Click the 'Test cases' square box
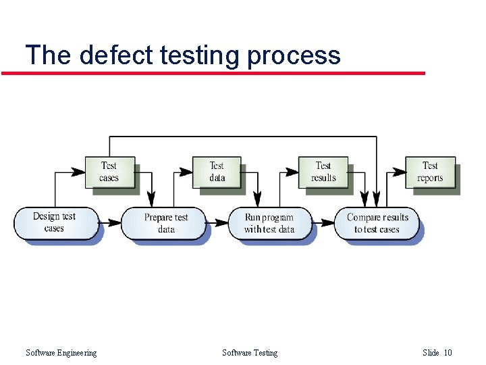(x=109, y=172)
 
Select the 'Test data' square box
(x=216, y=172)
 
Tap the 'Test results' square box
(x=323, y=172)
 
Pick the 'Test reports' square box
(x=430, y=172)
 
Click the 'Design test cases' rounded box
(x=55, y=222)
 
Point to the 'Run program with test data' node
(x=269, y=223)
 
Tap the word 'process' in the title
(x=294, y=55)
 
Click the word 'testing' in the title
(x=199, y=55)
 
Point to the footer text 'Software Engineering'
(x=61, y=352)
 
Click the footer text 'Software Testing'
(x=249, y=352)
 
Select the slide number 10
(x=448, y=352)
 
